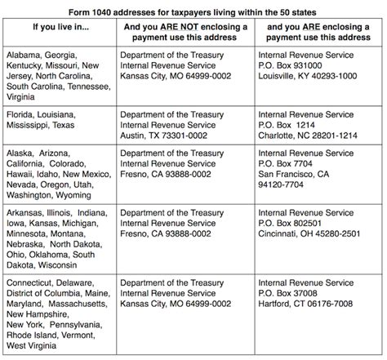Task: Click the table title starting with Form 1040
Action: coord(193,7)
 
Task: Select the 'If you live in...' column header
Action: coord(56,29)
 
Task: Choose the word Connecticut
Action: coord(29,303)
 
